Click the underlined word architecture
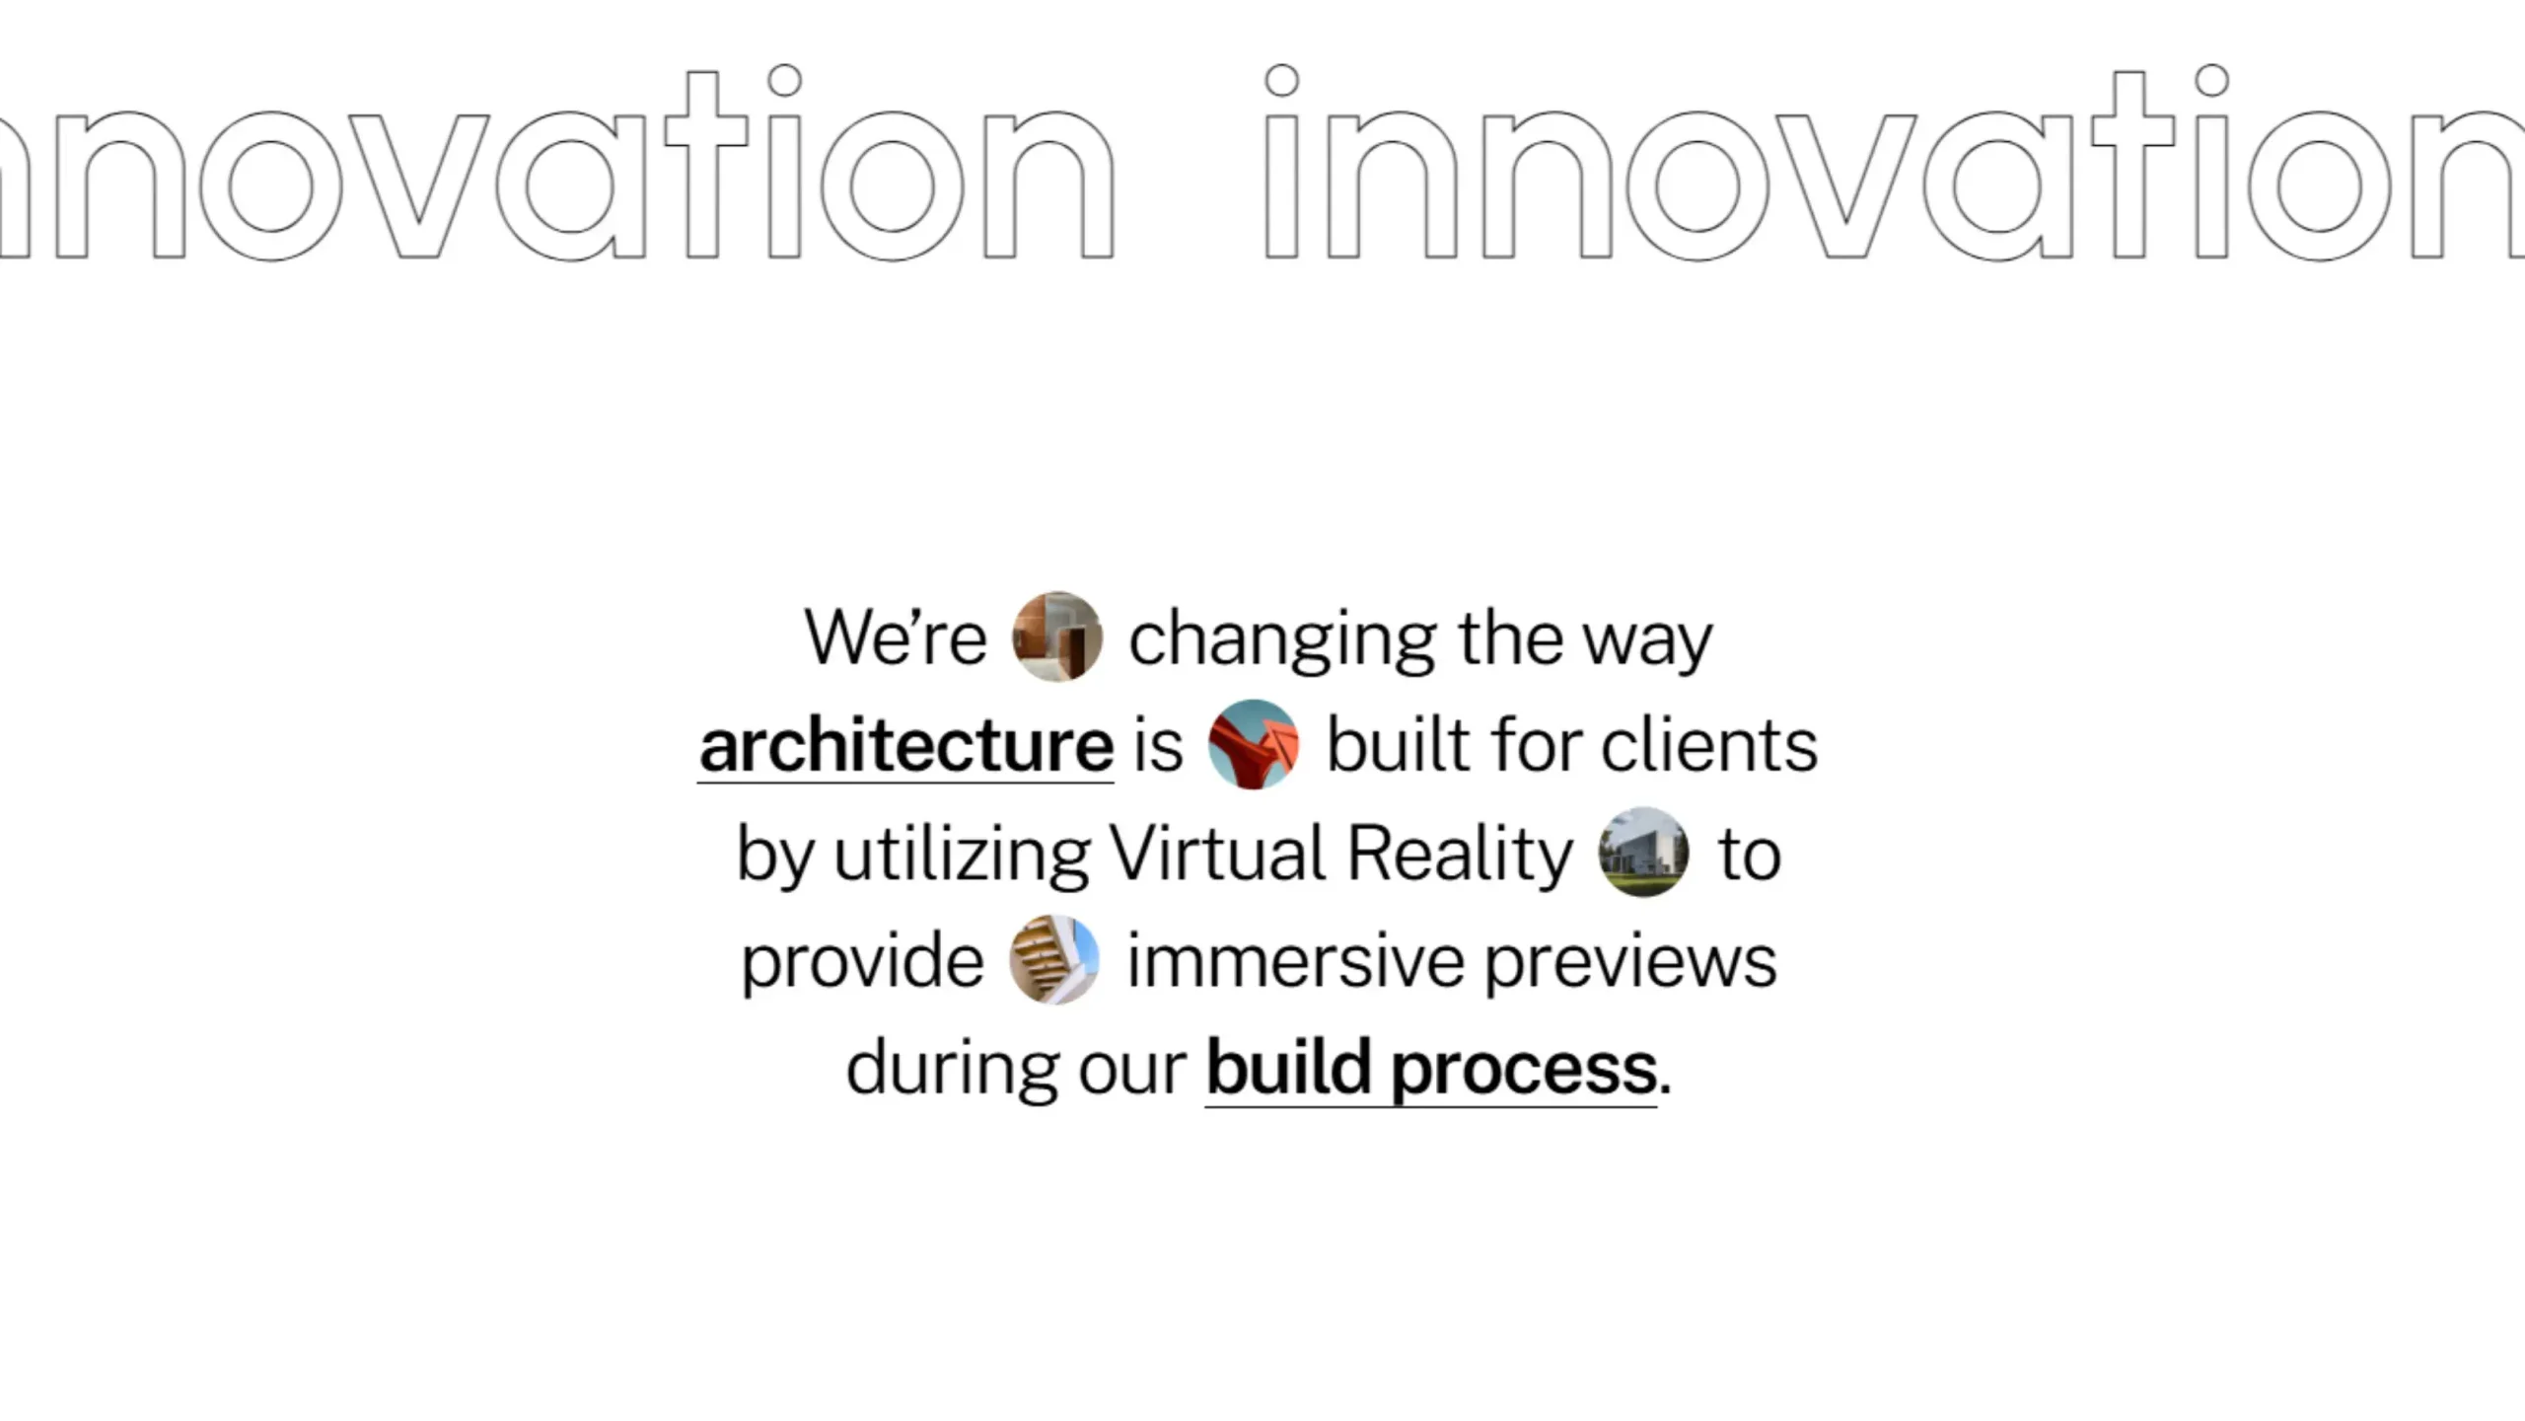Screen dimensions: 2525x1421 [906, 746]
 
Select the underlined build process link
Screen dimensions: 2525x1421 [1431, 1070]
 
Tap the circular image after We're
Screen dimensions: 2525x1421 [1057, 636]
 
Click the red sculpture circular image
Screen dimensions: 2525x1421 [1254, 744]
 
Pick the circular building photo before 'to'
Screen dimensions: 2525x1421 [1643, 852]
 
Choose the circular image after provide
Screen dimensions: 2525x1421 [1054, 959]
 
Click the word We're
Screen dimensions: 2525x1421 [895, 637]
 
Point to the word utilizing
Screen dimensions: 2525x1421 [963, 856]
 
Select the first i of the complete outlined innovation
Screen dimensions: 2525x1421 [1281, 163]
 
